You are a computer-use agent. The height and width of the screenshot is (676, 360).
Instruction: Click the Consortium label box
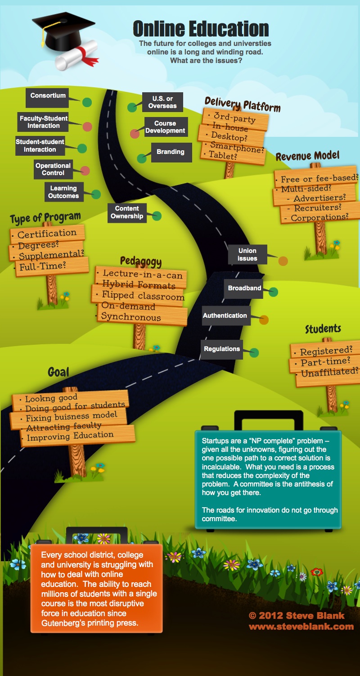tap(48, 96)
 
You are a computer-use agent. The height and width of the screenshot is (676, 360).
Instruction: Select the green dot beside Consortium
tap(87, 102)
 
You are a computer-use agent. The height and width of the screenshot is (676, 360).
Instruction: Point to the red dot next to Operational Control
tap(85, 171)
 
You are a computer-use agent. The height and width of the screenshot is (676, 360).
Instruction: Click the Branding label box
tap(171, 152)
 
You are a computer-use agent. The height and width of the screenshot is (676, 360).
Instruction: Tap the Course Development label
tap(165, 127)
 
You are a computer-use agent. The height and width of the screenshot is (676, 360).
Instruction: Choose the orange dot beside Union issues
tap(283, 261)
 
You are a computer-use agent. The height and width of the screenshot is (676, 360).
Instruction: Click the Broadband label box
tap(244, 288)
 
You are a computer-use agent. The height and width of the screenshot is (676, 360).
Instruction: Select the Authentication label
tap(225, 316)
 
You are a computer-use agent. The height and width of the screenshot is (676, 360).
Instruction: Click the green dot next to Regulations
tap(254, 352)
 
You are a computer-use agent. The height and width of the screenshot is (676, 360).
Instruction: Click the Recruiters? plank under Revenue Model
tap(317, 208)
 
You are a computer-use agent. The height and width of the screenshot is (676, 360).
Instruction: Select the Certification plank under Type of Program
tap(47, 234)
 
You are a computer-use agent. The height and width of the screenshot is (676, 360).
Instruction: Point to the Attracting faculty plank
tap(63, 426)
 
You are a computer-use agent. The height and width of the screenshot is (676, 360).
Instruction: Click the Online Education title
tap(201, 29)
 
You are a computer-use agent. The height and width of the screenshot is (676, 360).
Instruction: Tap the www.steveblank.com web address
tap(301, 626)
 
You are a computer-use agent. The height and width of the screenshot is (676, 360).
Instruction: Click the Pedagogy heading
tap(140, 261)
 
